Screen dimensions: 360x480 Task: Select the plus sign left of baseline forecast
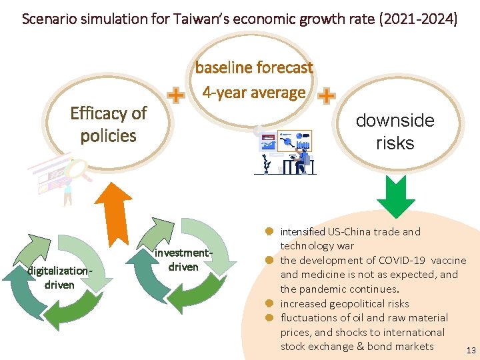pos(175,97)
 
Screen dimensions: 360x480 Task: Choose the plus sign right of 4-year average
pos(327,97)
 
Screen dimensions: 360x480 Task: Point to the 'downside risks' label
pos(395,131)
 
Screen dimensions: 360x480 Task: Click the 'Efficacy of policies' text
pos(109,124)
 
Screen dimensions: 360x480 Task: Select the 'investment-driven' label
pos(183,259)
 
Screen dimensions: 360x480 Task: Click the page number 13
pos(471,350)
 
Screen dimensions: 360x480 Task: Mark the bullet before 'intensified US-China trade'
pos(270,231)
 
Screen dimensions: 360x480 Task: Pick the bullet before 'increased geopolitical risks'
pos(270,303)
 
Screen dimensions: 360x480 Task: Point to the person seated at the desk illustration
pos(303,157)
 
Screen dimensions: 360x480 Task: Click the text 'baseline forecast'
pos(254,68)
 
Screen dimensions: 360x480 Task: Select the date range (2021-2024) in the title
pos(418,19)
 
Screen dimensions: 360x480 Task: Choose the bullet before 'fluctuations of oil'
pos(270,317)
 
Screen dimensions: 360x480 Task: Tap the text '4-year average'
pos(254,93)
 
